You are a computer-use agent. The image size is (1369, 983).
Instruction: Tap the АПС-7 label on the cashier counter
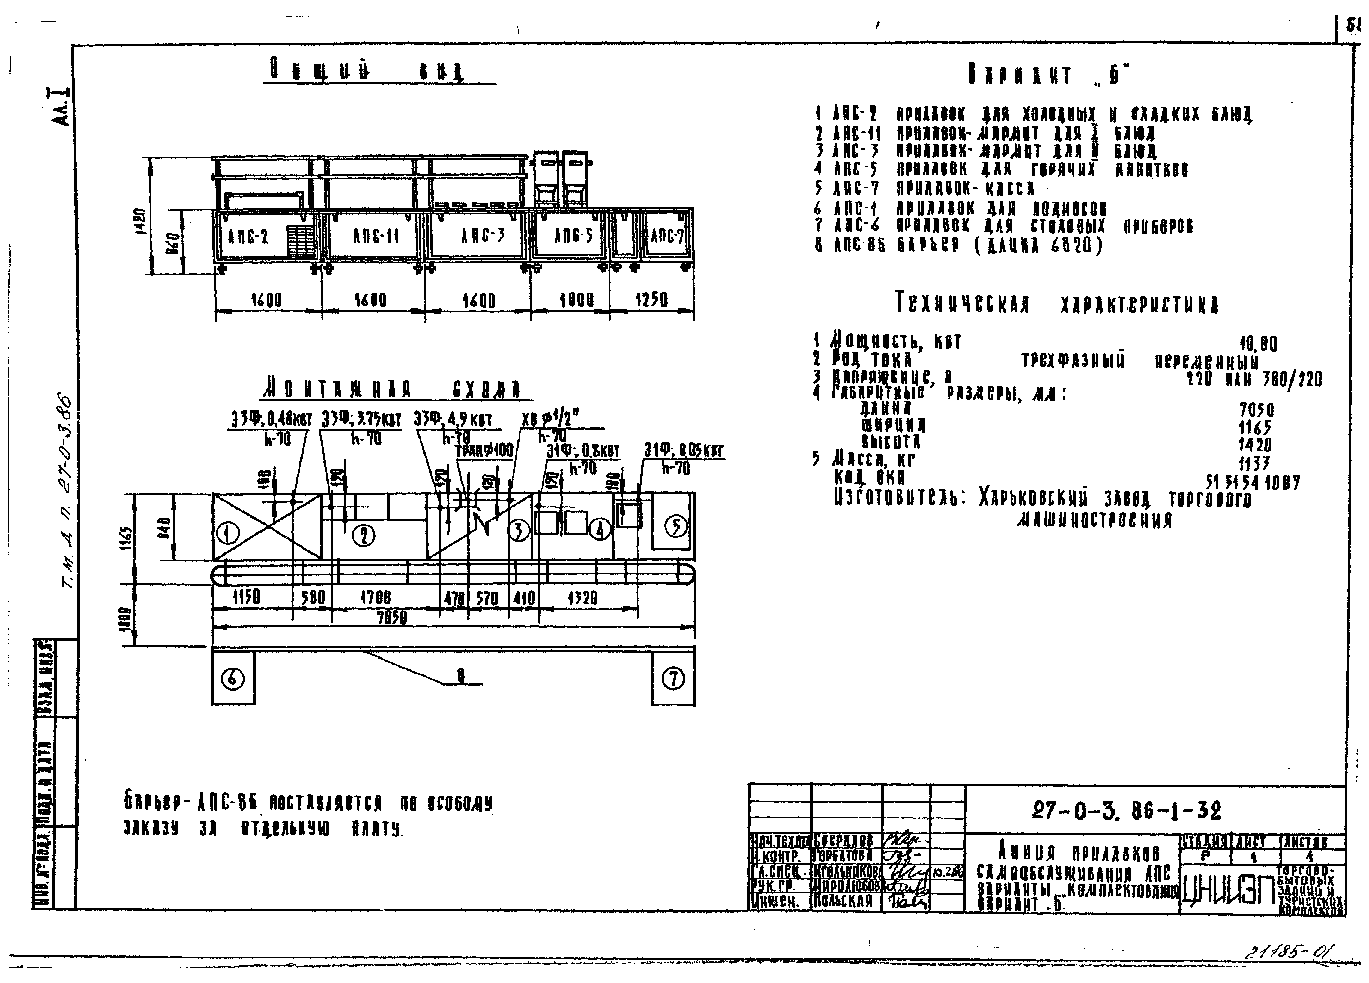coord(667,236)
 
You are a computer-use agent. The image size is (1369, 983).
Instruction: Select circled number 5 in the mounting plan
coord(675,526)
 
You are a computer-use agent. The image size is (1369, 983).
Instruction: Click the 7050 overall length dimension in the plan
coord(392,618)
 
